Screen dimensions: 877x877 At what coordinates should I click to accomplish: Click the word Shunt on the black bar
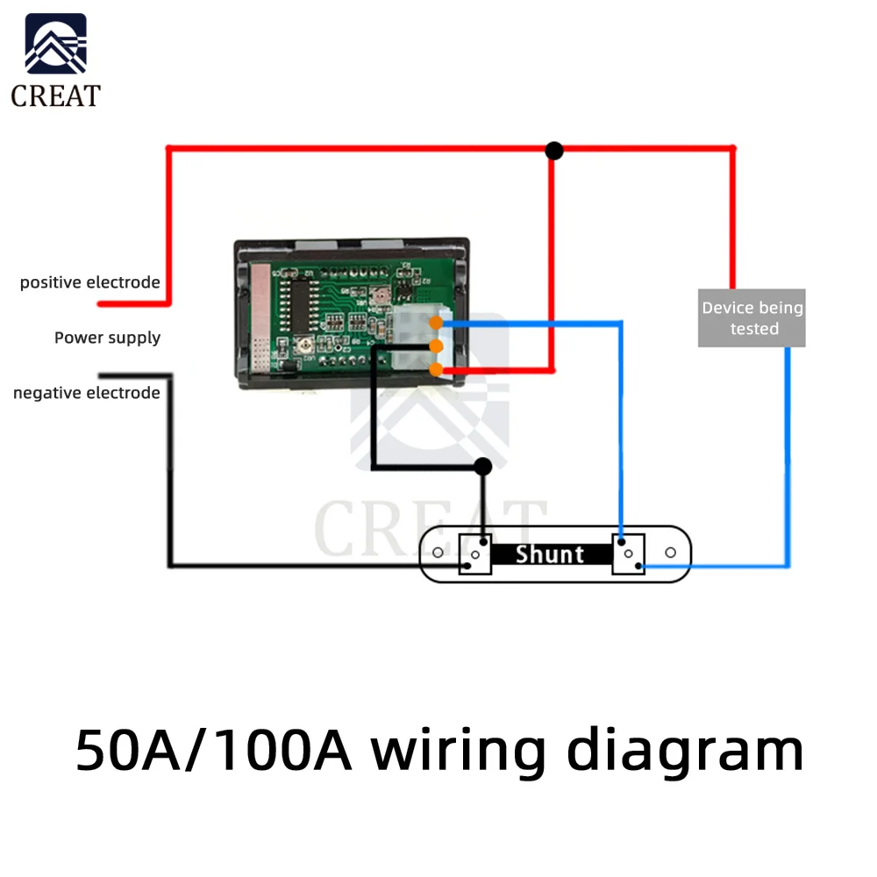pos(549,554)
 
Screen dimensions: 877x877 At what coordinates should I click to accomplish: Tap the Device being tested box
pos(752,317)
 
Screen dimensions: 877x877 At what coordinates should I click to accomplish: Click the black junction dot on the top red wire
pos(553,151)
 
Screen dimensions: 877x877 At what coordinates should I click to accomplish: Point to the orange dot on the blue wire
pos(436,324)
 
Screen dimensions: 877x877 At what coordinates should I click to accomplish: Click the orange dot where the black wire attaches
pos(436,346)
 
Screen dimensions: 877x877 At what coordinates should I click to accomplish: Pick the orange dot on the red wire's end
pos(436,369)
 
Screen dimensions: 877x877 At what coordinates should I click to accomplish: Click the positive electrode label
pos(89,282)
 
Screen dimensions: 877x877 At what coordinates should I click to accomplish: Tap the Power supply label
pos(107,338)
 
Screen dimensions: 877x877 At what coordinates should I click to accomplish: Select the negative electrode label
pos(86,393)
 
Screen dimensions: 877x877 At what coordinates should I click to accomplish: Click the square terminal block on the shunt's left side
pos(474,554)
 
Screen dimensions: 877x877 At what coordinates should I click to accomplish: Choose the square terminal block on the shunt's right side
pos(628,554)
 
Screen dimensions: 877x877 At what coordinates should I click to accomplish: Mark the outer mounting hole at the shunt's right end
pos(671,553)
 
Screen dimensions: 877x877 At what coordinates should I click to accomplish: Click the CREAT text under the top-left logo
pos(55,96)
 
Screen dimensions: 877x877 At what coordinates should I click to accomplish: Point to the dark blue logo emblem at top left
pos(56,44)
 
